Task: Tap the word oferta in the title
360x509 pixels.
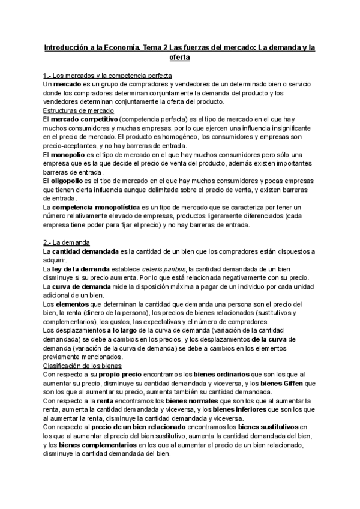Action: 179,58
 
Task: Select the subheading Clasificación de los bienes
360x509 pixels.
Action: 82,365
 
